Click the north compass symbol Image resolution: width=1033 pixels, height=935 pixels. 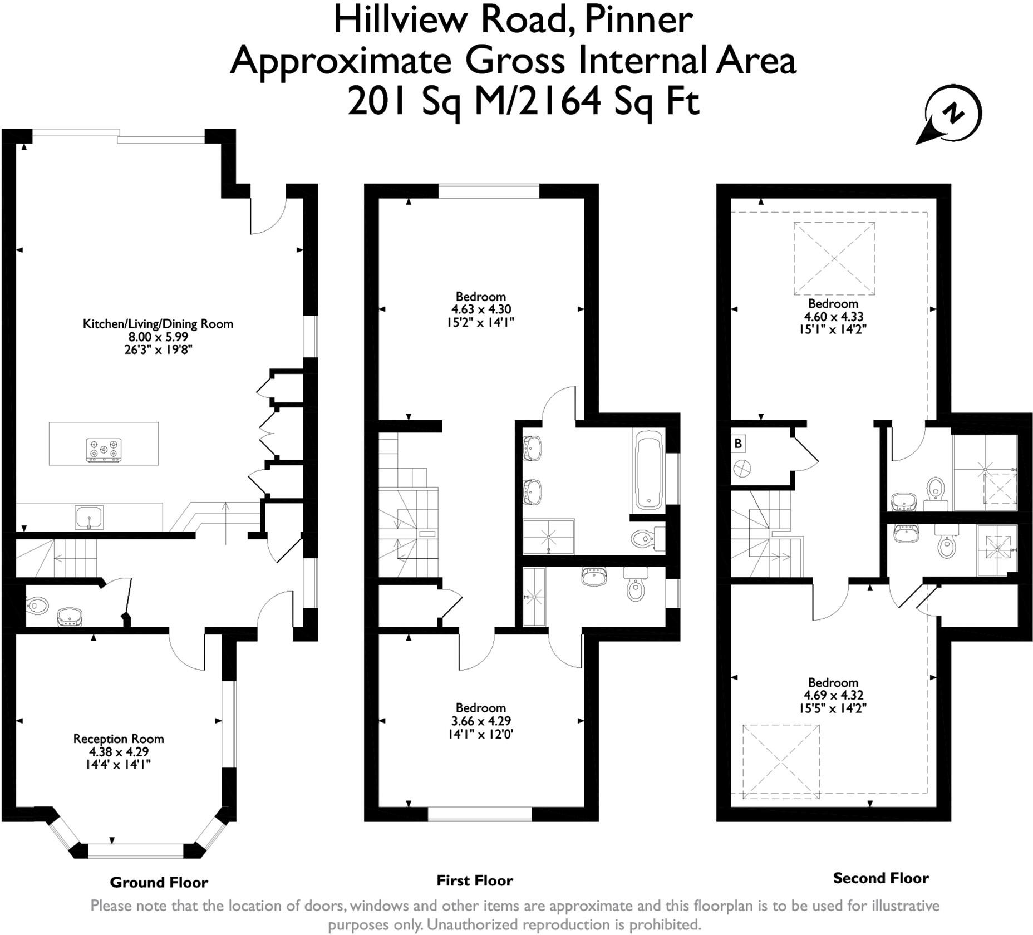click(x=949, y=115)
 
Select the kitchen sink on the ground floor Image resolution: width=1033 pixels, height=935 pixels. click(x=89, y=517)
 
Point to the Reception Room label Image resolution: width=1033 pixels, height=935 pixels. click(x=119, y=739)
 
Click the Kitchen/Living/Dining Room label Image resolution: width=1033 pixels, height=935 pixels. click(x=158, y=324)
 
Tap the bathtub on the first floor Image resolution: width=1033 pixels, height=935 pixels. click(x=649, y=473)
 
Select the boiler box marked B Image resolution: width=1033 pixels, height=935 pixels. click(x=738, y=444)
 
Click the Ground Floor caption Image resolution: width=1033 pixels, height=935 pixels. click(x=159, y=882)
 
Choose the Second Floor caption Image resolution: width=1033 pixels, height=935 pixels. click(x=881, y=878)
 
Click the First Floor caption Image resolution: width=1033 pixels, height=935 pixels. click(x=475, y=880)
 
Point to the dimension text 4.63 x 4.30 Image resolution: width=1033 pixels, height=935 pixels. click(x=481, y=309)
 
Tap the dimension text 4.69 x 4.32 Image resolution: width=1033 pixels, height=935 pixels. click(x=833, y=695)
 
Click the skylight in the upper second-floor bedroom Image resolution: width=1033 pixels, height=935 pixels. click(x=834, y=258)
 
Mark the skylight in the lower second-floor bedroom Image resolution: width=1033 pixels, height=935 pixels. click(x=781, y=761)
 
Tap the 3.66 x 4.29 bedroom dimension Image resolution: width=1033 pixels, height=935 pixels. click(x=481, y=721)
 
